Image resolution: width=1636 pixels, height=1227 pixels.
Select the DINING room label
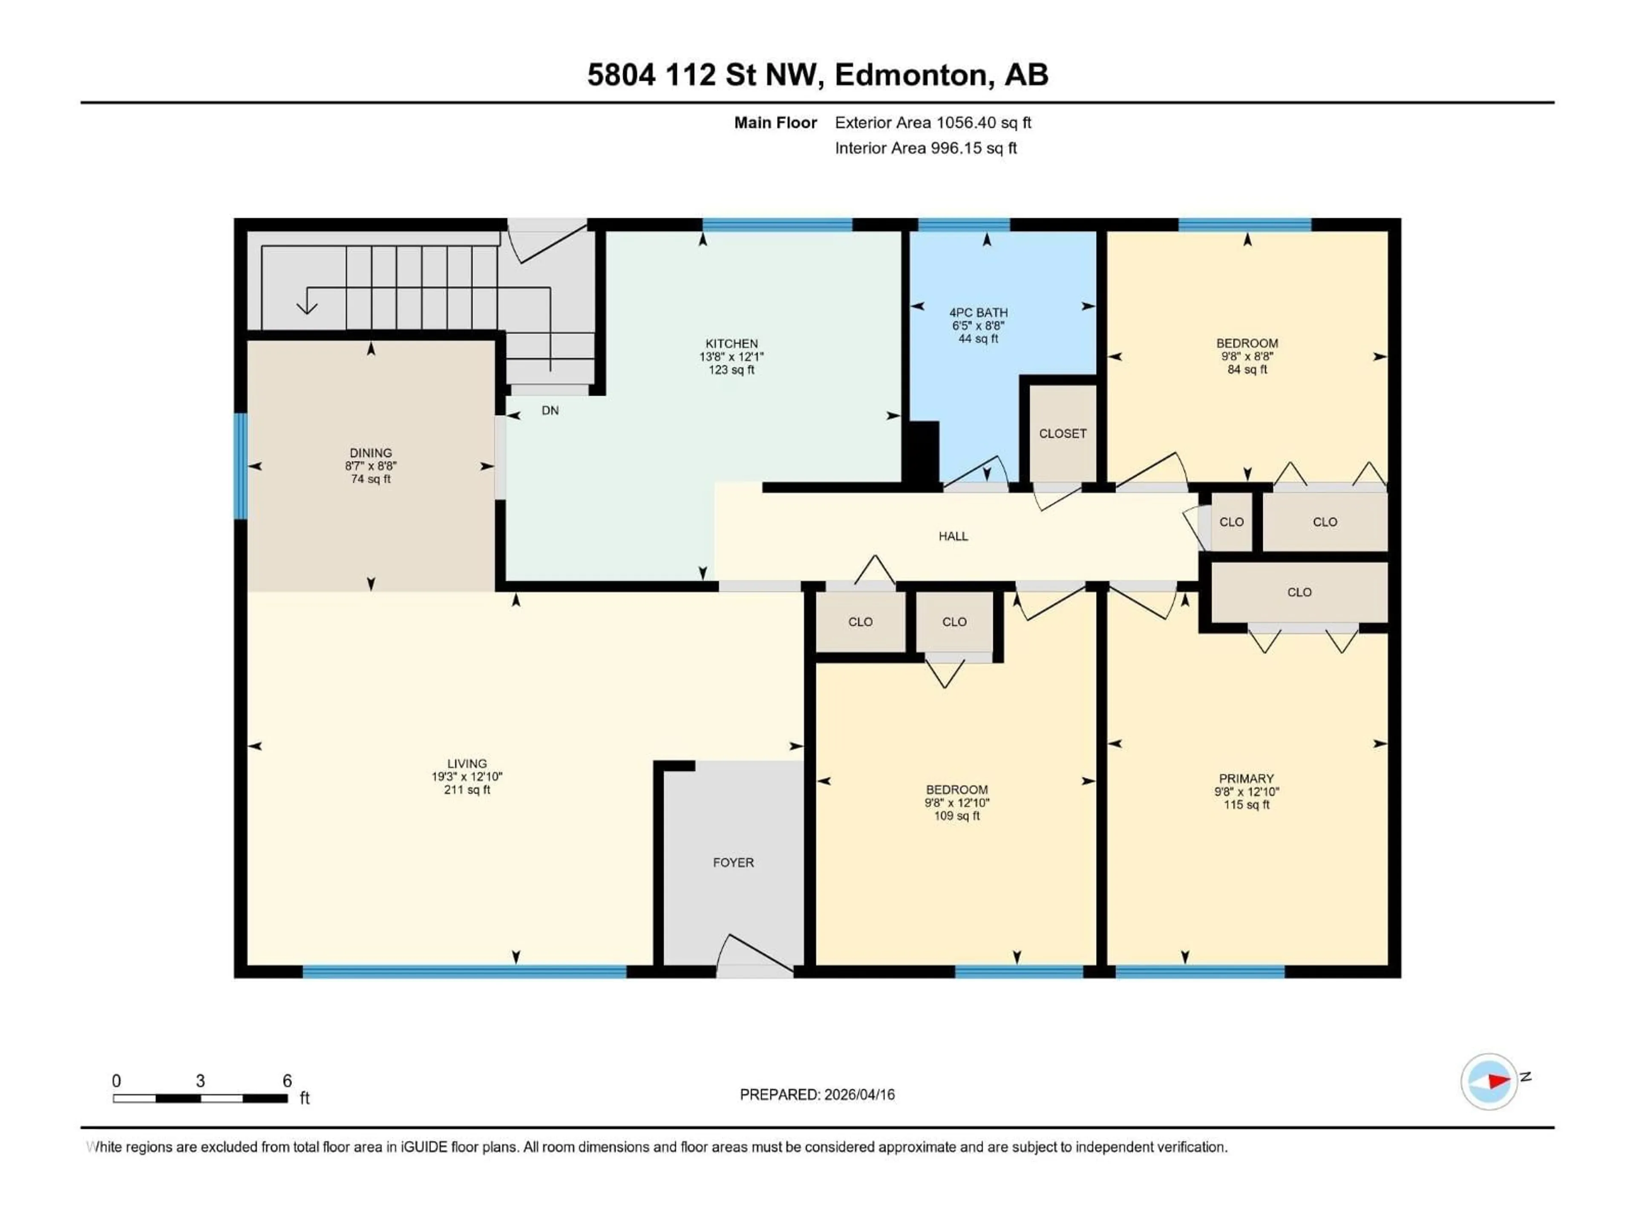click(371, 452)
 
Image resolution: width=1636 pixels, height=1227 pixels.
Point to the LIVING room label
click(467, 763)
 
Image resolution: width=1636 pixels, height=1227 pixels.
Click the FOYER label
click(733, 862)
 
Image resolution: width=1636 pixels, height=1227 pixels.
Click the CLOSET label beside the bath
click(1062, 433)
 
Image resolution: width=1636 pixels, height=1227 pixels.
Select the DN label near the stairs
click(550, 410)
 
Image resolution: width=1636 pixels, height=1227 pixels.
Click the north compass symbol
click(1489, 1081)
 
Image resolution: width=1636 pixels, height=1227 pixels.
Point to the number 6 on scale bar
click(287, 1080)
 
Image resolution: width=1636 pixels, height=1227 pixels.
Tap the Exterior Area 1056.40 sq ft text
click(933, 123)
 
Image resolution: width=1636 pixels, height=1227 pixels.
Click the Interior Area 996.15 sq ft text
click(925, 148)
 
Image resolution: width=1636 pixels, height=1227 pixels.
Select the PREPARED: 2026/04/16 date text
click(817, 1095)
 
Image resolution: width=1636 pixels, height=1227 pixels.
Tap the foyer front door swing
click(755, 953)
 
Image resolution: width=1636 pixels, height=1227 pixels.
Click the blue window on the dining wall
click(240, 466)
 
